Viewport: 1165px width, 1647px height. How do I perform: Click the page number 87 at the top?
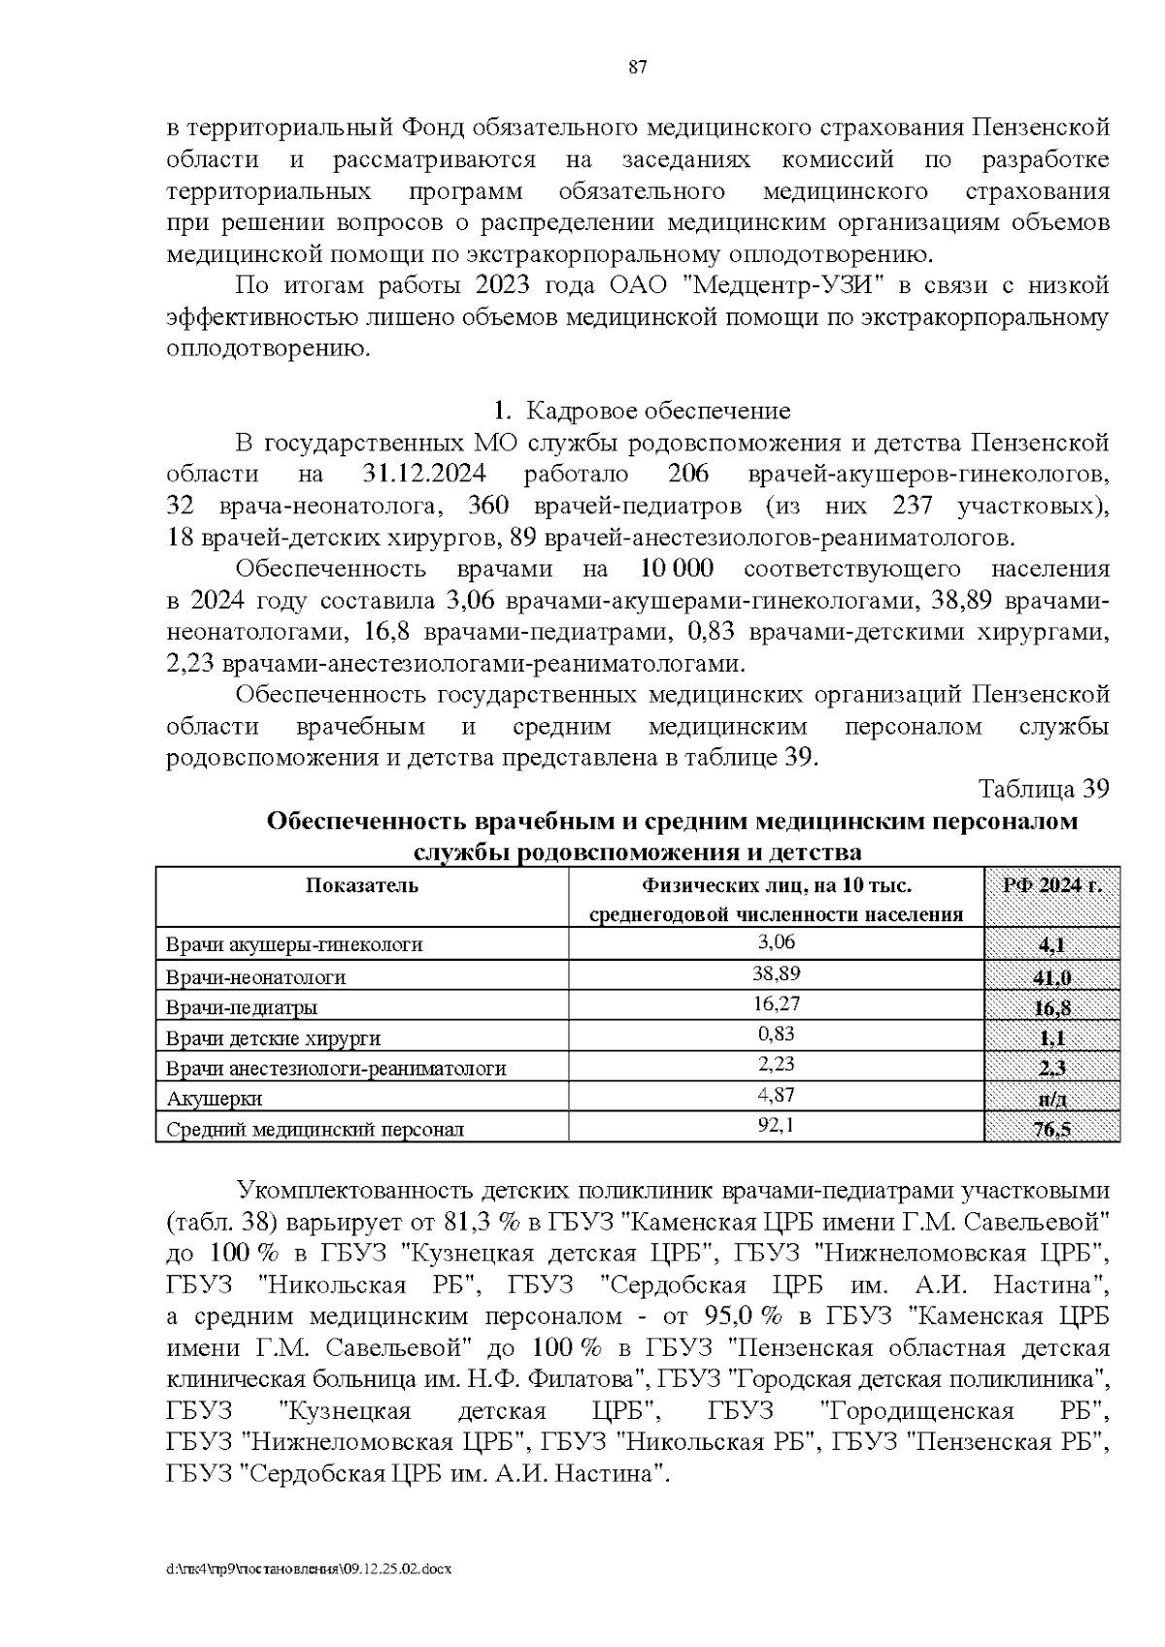pos(638,67)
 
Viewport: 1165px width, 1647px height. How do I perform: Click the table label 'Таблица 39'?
pos(1043,788)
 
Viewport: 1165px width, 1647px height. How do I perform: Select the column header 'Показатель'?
pos(362,885)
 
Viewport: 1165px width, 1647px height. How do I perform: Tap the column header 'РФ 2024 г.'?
pos(1052,885)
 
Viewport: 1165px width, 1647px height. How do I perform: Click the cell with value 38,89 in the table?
pos(777,972)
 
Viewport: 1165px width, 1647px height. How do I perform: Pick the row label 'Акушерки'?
pos(215,1099)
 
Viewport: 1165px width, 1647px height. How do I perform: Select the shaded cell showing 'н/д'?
pos(1052,1101)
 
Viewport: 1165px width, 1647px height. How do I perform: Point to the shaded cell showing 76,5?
pos(1052,1130)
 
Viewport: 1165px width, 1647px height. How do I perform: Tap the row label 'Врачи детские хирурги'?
pos(274,1038)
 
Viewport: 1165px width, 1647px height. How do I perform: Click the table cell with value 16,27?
pos(777,1004)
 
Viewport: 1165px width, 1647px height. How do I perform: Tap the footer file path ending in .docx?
pos(310,1568)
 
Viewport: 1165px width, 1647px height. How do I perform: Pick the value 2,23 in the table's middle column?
pos(777,1064)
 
